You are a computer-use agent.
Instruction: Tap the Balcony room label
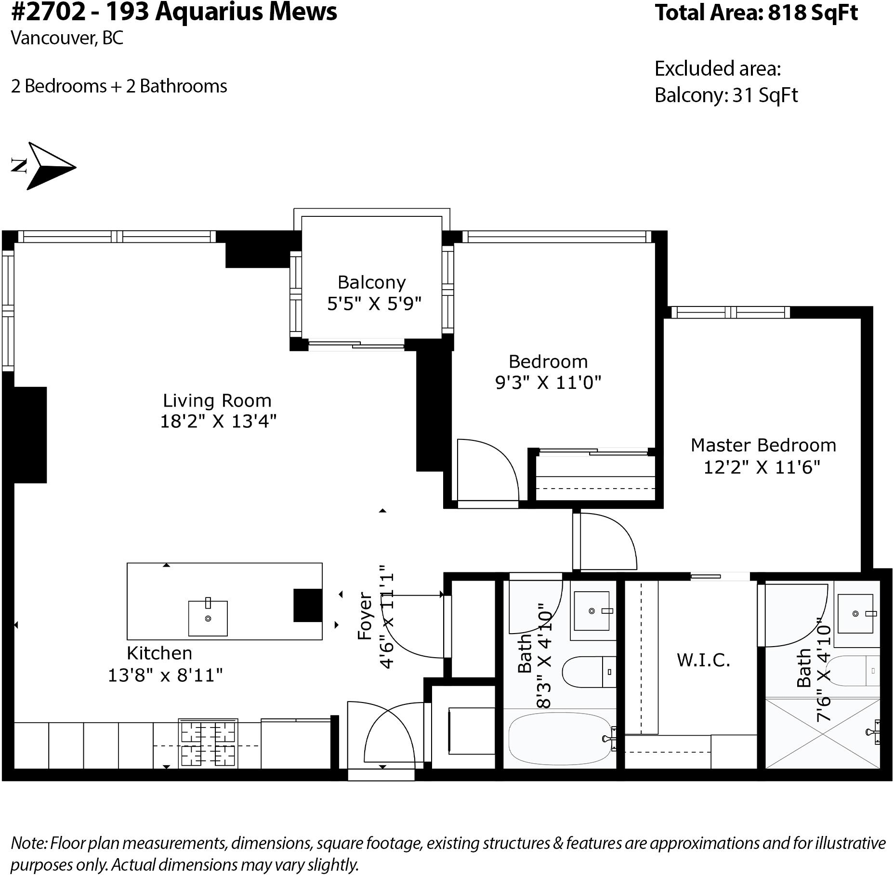point(371,282)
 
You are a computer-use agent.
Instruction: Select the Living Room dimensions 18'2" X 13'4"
point(218,421)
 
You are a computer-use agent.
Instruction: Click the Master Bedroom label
point(763,445)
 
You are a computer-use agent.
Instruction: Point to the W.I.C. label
point(703,660)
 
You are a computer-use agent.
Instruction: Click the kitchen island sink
point(208,618)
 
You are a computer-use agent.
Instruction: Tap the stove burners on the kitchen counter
point(208,743)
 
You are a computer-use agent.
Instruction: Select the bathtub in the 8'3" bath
point(560,739)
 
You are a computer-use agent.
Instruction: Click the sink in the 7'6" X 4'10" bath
point(855,613)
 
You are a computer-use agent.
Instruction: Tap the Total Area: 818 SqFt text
point(756,13)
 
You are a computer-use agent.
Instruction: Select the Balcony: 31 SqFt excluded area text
point(726,95)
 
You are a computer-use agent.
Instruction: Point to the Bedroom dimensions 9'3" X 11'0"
point(548,383)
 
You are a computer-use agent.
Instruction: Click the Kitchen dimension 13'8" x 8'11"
point(165,675)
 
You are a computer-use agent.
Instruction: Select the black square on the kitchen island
point(308,605)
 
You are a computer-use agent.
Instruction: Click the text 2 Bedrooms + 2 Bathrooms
point(119,86)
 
